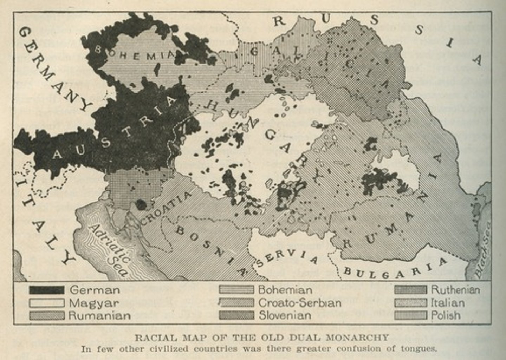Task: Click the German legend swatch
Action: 46,290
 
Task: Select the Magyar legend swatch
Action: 46,303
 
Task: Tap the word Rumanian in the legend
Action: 99,315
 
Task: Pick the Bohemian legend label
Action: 285,290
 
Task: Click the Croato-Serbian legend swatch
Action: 236,303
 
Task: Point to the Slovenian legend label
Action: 285,315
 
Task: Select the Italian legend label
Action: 448,303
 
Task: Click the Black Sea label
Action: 483,249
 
